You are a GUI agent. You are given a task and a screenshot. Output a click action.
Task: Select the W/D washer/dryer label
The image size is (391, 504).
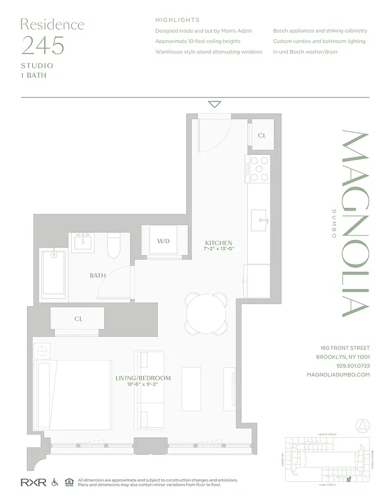[x=164, y=241]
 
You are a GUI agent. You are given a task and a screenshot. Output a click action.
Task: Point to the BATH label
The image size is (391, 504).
[x=98, y=275]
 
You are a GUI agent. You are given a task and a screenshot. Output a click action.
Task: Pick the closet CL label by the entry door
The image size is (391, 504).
[x=262, y=135]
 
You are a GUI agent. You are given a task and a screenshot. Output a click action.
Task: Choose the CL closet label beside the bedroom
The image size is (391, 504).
[x=78, y=319]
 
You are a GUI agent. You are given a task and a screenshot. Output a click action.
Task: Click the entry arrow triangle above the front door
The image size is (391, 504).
[x=214, y=105]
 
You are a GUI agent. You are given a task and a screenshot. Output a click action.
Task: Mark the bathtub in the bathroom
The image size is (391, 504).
[x=54, y=272]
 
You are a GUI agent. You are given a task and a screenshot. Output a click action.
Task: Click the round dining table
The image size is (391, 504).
[x=206, y=311]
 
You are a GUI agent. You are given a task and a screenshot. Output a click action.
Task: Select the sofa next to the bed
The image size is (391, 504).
[x=151, y=389]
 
